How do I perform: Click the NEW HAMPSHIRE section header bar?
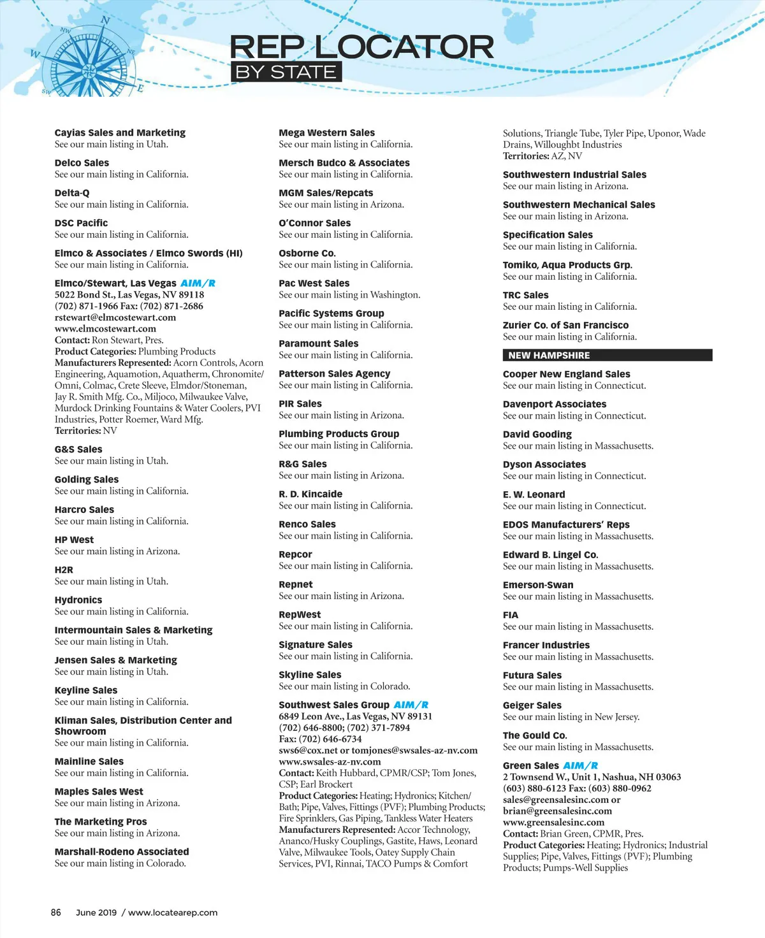pos(607,356)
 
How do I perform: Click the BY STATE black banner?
pos(286,72)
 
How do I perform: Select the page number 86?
pos(56,913)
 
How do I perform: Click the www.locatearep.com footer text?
pos(173,913)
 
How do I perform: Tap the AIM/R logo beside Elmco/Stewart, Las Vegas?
pos(198,284)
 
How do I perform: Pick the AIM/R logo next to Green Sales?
pos(580,766)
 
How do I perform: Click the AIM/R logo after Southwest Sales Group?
pos(411,705)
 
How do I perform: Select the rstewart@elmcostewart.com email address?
pos(115,317)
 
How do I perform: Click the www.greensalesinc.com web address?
pos(553,822)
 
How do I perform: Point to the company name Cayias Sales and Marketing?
pos(120,133)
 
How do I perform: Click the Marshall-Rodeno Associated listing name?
pos(122,852)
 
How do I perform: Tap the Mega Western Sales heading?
pos(326,133)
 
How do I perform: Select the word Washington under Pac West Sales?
pos(395,295)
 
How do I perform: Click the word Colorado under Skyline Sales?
pos(390,686)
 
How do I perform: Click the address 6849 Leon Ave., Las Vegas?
pos(355,716)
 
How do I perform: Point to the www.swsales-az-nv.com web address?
pos(330,761)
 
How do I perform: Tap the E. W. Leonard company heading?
pos(534,494)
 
